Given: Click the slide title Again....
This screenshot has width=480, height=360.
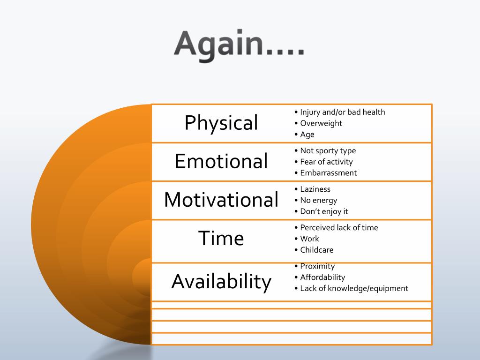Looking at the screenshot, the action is pos(239,45).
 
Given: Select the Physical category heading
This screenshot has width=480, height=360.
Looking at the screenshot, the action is pos(221,123).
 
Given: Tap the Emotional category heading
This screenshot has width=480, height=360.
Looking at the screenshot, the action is pos(221,161).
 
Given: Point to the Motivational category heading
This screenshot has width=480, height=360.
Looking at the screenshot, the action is pos(221,200).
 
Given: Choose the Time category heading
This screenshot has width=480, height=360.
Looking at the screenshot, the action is pos(221,238).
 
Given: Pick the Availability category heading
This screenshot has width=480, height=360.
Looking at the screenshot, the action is pos(221,281).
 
